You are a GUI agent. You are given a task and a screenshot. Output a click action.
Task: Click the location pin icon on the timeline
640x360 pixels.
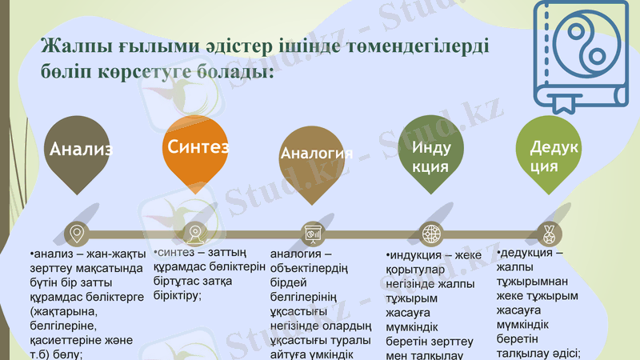pyautogui.click(x=77, y=234)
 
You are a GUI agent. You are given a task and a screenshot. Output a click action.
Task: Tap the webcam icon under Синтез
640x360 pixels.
pyautogui.click(x=195, y=234)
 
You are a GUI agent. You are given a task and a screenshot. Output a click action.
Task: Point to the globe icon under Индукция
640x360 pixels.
pyautogui.click(x=431, y=234)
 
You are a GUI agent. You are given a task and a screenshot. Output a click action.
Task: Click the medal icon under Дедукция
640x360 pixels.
pyautogui.click(x=548, y=234)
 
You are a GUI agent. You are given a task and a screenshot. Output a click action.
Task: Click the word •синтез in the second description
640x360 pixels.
pyautogui.click(x=174, y=254)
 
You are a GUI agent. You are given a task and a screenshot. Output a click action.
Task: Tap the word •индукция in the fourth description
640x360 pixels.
pyautogui.click(x=414, y=255)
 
